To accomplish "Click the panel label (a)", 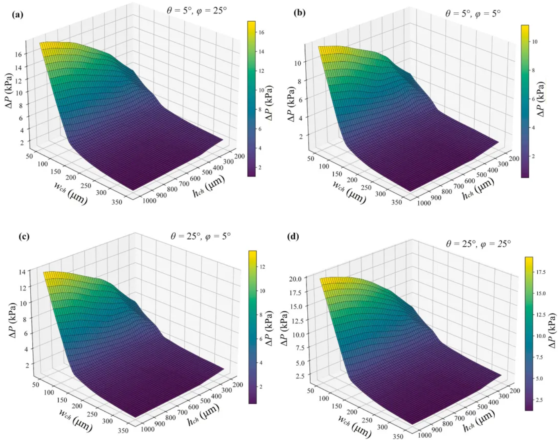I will point(18,15).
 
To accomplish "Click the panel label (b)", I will point(300,13).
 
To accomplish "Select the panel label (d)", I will point(293,236).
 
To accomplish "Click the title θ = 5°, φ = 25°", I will point(196,11).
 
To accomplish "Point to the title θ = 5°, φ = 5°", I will point(473,13).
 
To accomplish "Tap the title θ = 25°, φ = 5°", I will point(201,236).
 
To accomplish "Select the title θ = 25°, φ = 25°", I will point(478,244).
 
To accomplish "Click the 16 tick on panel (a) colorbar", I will point(261,32).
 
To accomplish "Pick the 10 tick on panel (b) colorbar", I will point(534,42).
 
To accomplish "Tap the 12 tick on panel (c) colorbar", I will point(262,267).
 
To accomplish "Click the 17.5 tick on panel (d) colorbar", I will point(541,272).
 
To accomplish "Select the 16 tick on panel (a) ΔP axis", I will point(19,54).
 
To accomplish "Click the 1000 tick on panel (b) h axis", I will point(424,203).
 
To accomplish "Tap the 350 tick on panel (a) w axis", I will point(117,201).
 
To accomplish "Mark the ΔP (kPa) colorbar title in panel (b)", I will point(541,99).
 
